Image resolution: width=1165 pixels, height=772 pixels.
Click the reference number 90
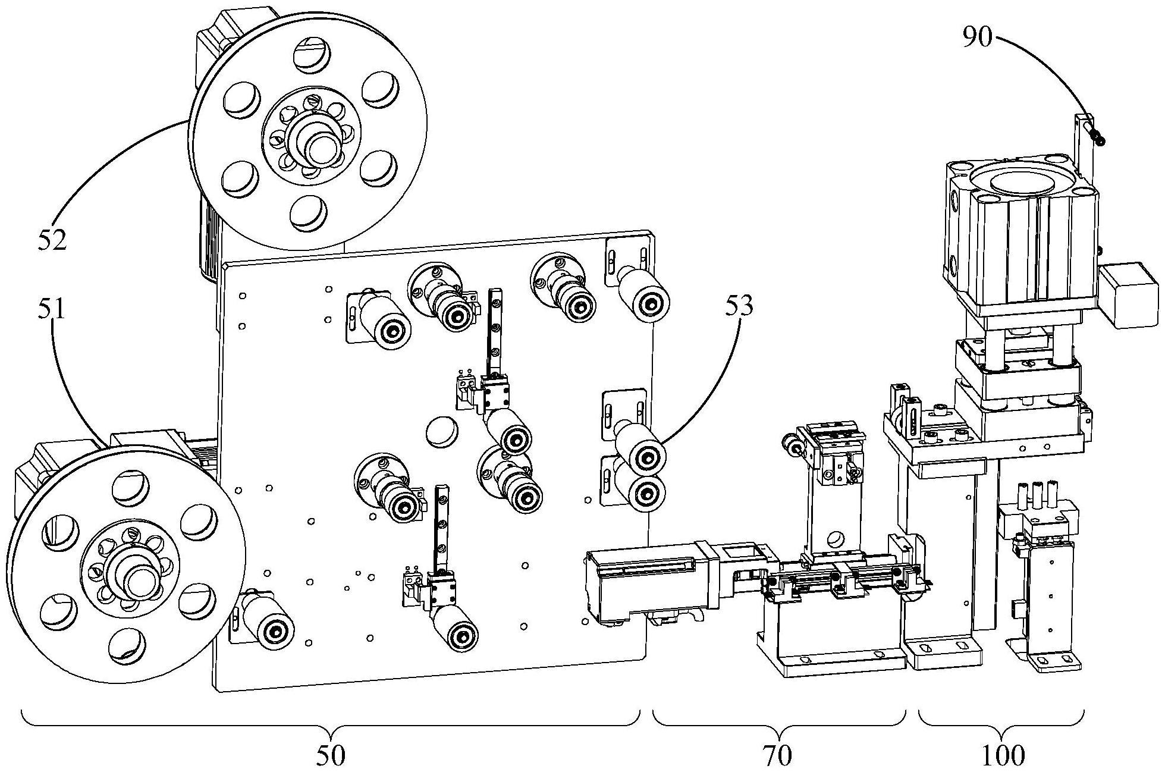tap(978, 37)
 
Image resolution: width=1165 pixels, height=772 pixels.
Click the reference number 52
tap(52, 239)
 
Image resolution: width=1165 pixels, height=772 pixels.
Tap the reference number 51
tap(52, 310)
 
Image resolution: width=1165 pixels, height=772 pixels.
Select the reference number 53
tap(739, 305)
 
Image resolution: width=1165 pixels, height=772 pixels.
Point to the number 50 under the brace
tap(330, 755)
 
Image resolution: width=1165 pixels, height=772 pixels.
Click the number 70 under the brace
tap(777, 755)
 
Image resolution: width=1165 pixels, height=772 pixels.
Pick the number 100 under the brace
tap(1004, 755)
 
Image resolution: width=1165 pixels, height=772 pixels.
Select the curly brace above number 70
tap(779, 720)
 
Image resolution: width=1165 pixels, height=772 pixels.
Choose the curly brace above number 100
tap(1001, 720)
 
